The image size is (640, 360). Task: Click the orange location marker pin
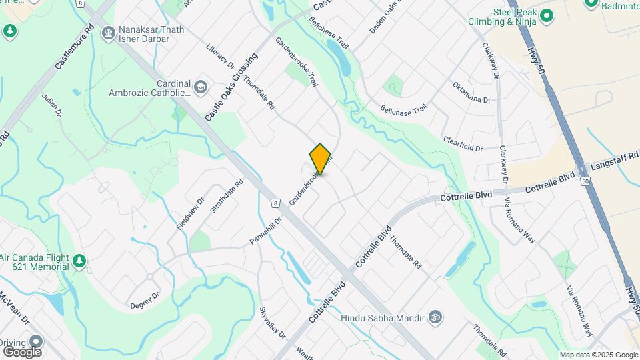coord(321,159)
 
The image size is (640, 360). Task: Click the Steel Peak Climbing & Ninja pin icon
coord(547,15)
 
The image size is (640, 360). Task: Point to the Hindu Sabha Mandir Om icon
coord(436,316)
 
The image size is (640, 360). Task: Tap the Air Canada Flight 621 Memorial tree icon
coord(79,260)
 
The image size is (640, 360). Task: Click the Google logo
coord(22,351)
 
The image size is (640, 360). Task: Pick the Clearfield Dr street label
coord(463,144)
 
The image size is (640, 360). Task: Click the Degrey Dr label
coord(146,295)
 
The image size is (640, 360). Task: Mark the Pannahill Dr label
coord(266,227)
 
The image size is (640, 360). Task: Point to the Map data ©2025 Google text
coord(599,355)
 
